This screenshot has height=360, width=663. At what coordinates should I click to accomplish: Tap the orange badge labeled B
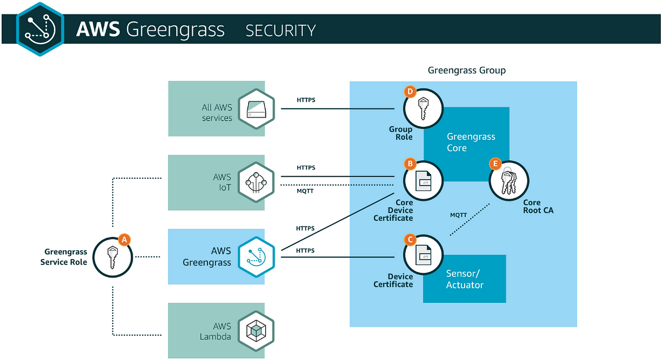pos(410,164)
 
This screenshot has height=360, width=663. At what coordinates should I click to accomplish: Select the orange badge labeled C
pos(410,239)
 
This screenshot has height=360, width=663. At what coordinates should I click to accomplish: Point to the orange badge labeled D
pos(410,92)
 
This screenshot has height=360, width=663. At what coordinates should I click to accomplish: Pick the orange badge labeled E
pos(495,164)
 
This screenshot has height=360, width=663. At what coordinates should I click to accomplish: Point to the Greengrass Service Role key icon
pos(112,257)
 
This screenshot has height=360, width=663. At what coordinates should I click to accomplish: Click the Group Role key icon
pos(423,109)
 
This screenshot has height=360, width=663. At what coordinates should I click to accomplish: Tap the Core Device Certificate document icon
pos(423,182)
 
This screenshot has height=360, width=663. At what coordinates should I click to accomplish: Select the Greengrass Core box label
pos(471,142)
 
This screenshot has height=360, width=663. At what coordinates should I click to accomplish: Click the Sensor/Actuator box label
pos(465,279)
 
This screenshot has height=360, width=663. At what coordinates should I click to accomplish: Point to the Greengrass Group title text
pos(466,71)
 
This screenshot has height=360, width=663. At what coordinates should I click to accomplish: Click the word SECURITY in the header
pos(281,30)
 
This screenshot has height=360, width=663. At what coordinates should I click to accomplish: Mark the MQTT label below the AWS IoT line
pos(306,192)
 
